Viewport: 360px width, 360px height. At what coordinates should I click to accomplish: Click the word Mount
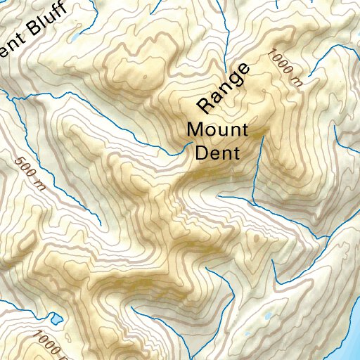point(217,131)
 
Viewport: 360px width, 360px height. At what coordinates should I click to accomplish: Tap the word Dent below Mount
point(217,152)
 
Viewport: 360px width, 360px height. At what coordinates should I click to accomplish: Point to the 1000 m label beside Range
point(285,67)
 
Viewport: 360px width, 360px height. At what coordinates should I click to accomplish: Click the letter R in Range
point(205,104)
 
